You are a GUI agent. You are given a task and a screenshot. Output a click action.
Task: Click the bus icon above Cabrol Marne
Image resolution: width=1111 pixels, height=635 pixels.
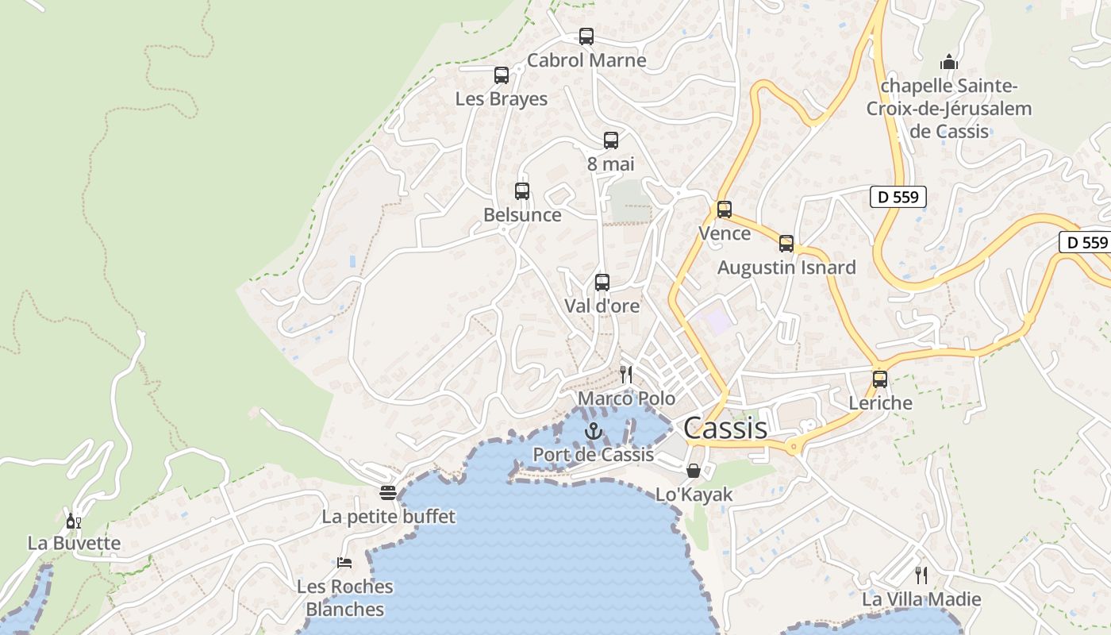586,37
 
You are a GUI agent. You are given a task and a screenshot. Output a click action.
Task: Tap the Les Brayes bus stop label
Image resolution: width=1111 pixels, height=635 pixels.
501,99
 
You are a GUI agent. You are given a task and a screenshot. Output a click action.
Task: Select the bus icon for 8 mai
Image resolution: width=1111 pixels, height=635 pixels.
610,140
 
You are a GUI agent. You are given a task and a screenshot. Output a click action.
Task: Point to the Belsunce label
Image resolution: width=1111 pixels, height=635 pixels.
522,215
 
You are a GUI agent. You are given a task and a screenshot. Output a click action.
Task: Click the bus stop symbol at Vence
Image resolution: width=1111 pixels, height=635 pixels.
725,210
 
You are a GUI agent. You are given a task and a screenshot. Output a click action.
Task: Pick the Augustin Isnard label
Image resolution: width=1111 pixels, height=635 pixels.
786,267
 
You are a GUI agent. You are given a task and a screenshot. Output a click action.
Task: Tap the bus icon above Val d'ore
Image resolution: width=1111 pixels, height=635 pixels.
602,283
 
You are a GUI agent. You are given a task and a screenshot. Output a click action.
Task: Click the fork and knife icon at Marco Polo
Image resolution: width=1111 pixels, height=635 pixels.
626,375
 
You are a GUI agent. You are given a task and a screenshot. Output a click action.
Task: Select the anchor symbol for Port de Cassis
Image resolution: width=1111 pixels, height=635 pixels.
593,431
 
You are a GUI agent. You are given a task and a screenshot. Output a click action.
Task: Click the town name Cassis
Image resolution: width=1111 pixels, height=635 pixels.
725,429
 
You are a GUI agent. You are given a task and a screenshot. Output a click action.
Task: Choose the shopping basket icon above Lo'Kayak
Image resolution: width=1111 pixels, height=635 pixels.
694,471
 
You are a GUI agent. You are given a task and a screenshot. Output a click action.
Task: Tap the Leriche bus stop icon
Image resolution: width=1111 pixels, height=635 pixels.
880,379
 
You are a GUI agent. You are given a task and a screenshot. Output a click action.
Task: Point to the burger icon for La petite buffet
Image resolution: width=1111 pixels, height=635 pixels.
388,493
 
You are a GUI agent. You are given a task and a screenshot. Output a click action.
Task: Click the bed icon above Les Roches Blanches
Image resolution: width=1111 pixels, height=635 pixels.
344,563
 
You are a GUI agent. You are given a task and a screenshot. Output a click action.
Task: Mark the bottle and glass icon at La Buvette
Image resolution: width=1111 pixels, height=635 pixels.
73,521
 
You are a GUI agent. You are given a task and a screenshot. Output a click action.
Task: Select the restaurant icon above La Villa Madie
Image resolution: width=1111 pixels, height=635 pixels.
921,575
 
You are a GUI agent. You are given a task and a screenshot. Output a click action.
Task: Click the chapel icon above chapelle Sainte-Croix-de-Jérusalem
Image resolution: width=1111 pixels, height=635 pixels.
948,62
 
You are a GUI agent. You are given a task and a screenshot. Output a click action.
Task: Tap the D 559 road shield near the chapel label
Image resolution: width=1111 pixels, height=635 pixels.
898,197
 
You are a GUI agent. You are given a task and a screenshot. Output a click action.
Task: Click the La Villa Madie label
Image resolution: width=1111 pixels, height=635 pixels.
921,599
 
